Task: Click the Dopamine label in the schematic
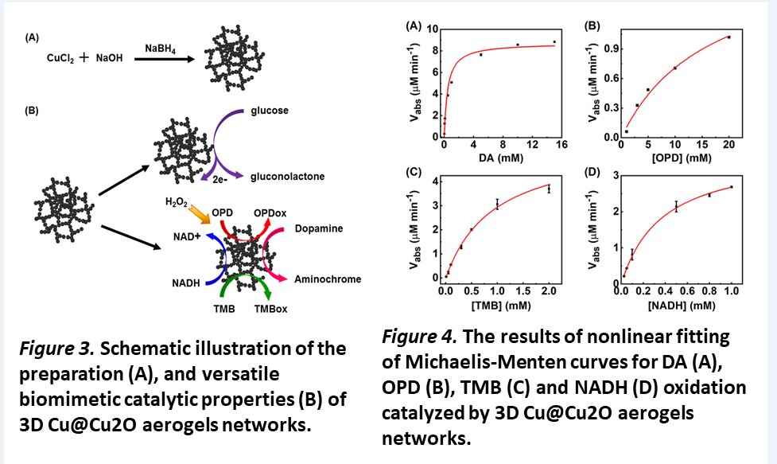pyautogui.click(x=317, y=228)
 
